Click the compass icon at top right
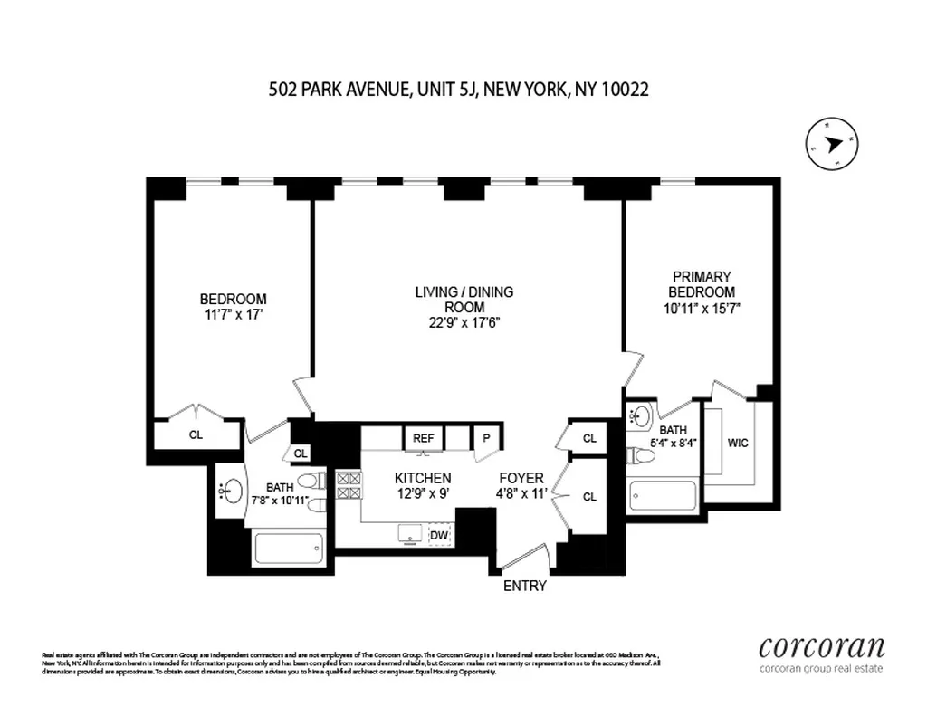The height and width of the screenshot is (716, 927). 832,144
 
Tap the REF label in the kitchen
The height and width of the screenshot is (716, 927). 423,437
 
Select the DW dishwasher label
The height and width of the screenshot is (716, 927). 439,535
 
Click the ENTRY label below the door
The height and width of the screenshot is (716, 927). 525,586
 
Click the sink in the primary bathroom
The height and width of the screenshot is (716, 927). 642,417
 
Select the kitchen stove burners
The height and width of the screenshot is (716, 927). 349,486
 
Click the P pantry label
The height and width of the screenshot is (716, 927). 486,437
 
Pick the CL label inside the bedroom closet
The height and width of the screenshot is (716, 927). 196,434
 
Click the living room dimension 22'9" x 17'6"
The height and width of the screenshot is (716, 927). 463,322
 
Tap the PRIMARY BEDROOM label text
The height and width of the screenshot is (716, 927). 702,283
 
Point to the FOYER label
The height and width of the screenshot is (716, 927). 521,478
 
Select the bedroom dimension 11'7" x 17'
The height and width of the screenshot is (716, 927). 233,315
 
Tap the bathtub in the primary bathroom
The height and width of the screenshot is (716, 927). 662,496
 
